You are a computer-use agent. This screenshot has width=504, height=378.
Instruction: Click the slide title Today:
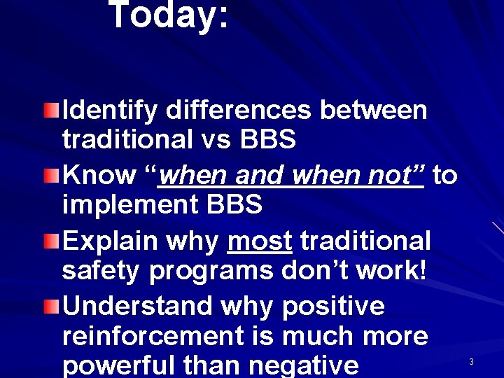pyautogui.click(x=169, y=15)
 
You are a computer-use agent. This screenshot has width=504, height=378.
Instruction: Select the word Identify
pyautogui.click(x=110, y=111)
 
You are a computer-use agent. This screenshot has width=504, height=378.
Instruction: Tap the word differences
pyautogui.click(x=239, y=111)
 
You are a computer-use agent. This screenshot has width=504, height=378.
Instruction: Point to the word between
pyautogui.click(x=374, y=111)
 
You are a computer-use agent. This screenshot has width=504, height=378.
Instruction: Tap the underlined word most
pyautogui.click(x=260, y=241)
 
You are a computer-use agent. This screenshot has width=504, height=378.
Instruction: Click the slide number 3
pyautogui.click(x=471, y=362)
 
